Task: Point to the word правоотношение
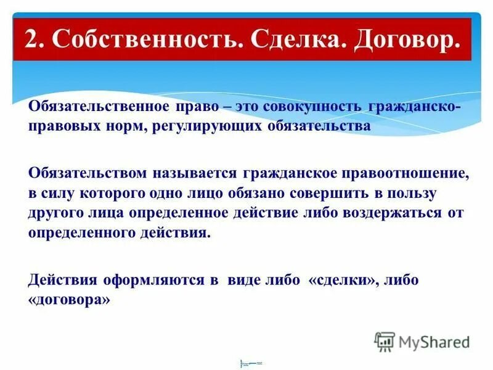pyautogui.click(x=404, y=175)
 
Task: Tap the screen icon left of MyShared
pyautogui.click(x=385, y=341)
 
